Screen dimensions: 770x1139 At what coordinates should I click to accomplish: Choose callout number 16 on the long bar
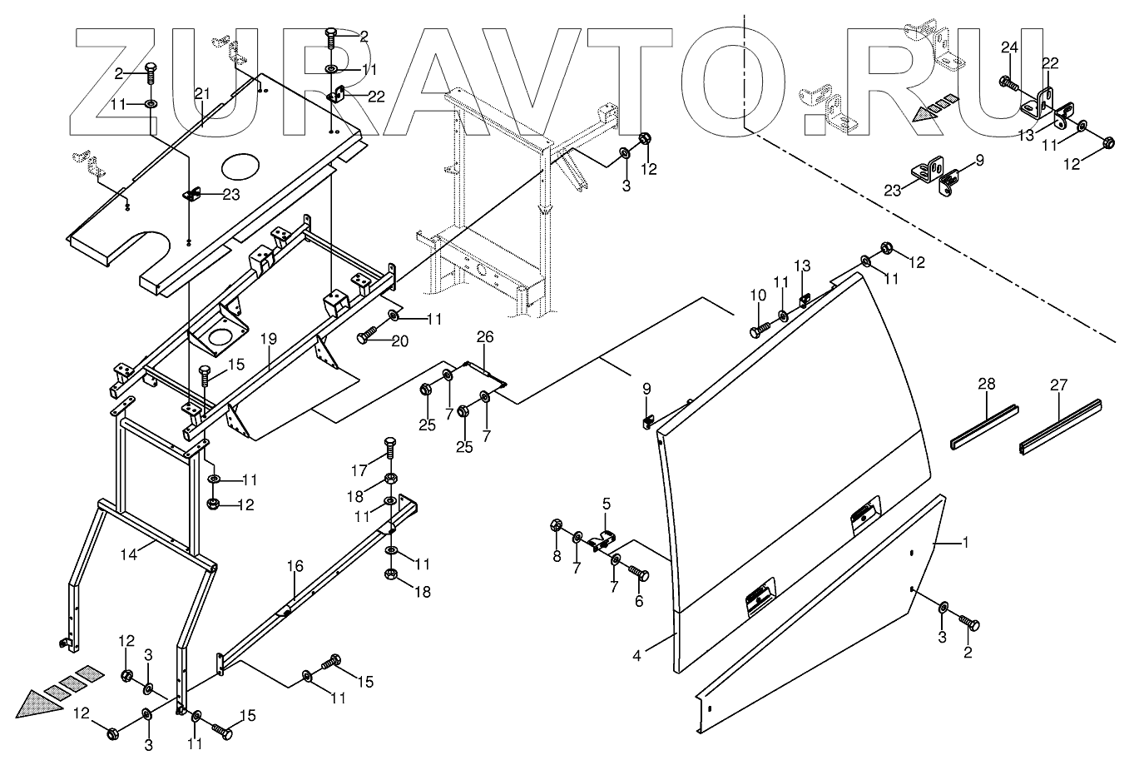coord(295,567)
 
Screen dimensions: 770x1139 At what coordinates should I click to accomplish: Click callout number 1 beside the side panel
coord(965,543)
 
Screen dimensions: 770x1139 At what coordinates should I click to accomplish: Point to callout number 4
coord(636,655)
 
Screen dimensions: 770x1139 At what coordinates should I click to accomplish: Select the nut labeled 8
coord(557,526)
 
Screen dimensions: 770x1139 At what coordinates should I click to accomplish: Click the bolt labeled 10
coord(756,330)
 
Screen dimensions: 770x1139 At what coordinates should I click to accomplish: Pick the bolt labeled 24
coord(1008,82)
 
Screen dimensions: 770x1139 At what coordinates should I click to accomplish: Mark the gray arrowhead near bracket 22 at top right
coord(924,113)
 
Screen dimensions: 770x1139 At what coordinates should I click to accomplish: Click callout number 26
coord(485,337)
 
